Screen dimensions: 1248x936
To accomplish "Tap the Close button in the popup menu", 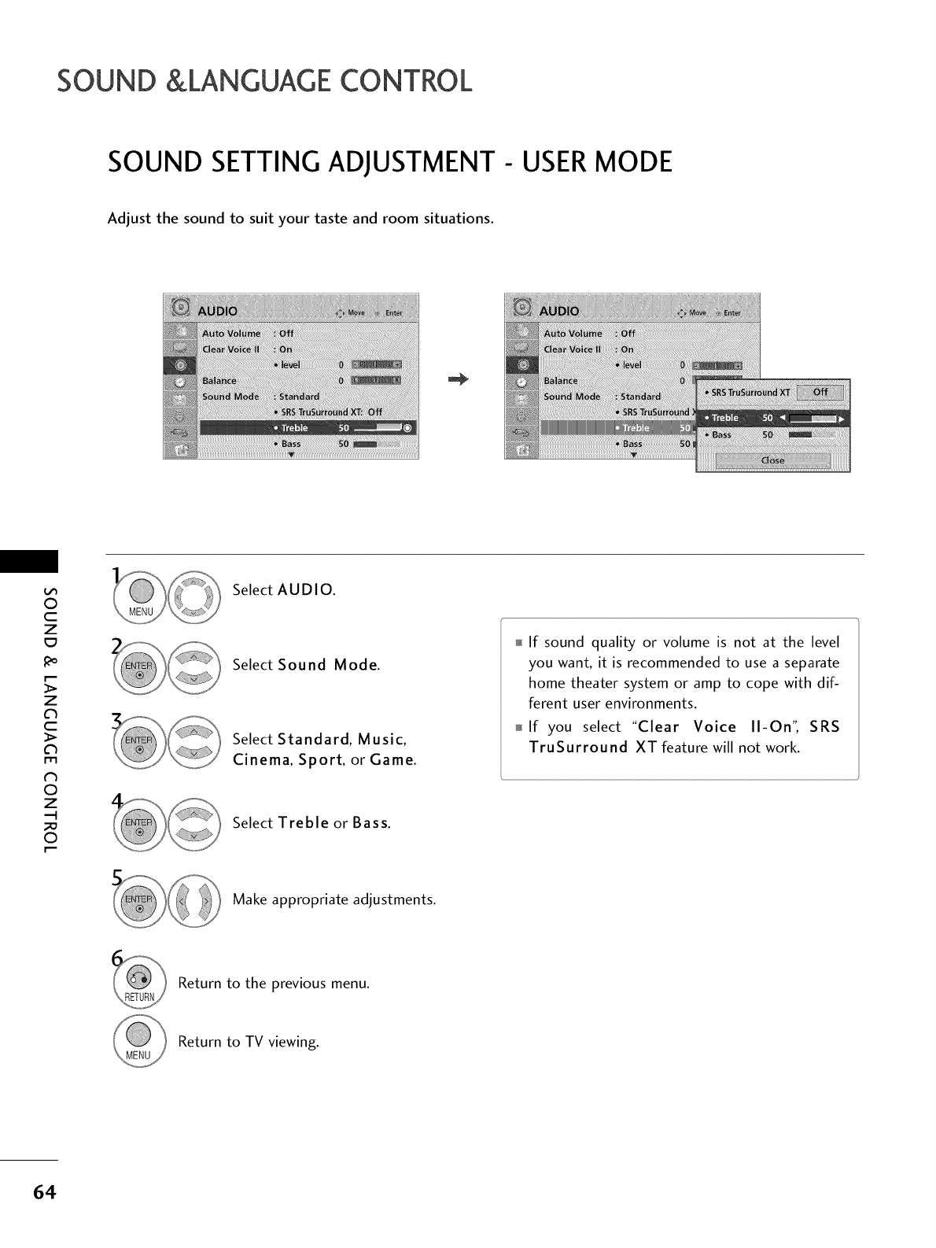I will [772, 460].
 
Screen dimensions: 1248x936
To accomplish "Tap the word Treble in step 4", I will [303, 823].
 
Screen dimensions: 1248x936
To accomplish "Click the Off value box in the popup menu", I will [819, 393].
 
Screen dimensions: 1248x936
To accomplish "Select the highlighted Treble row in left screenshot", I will [308, 428].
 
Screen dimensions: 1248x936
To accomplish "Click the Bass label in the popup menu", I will [721, 434].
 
